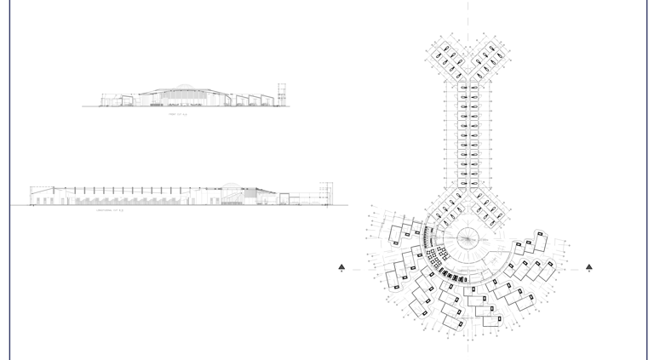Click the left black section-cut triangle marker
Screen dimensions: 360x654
coord(341,267)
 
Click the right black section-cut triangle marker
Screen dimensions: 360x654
coord(589,267)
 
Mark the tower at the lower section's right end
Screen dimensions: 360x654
coord(326,193)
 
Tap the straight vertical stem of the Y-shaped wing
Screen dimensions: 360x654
coord(468,136)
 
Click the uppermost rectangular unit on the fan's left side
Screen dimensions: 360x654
coord(397,233)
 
